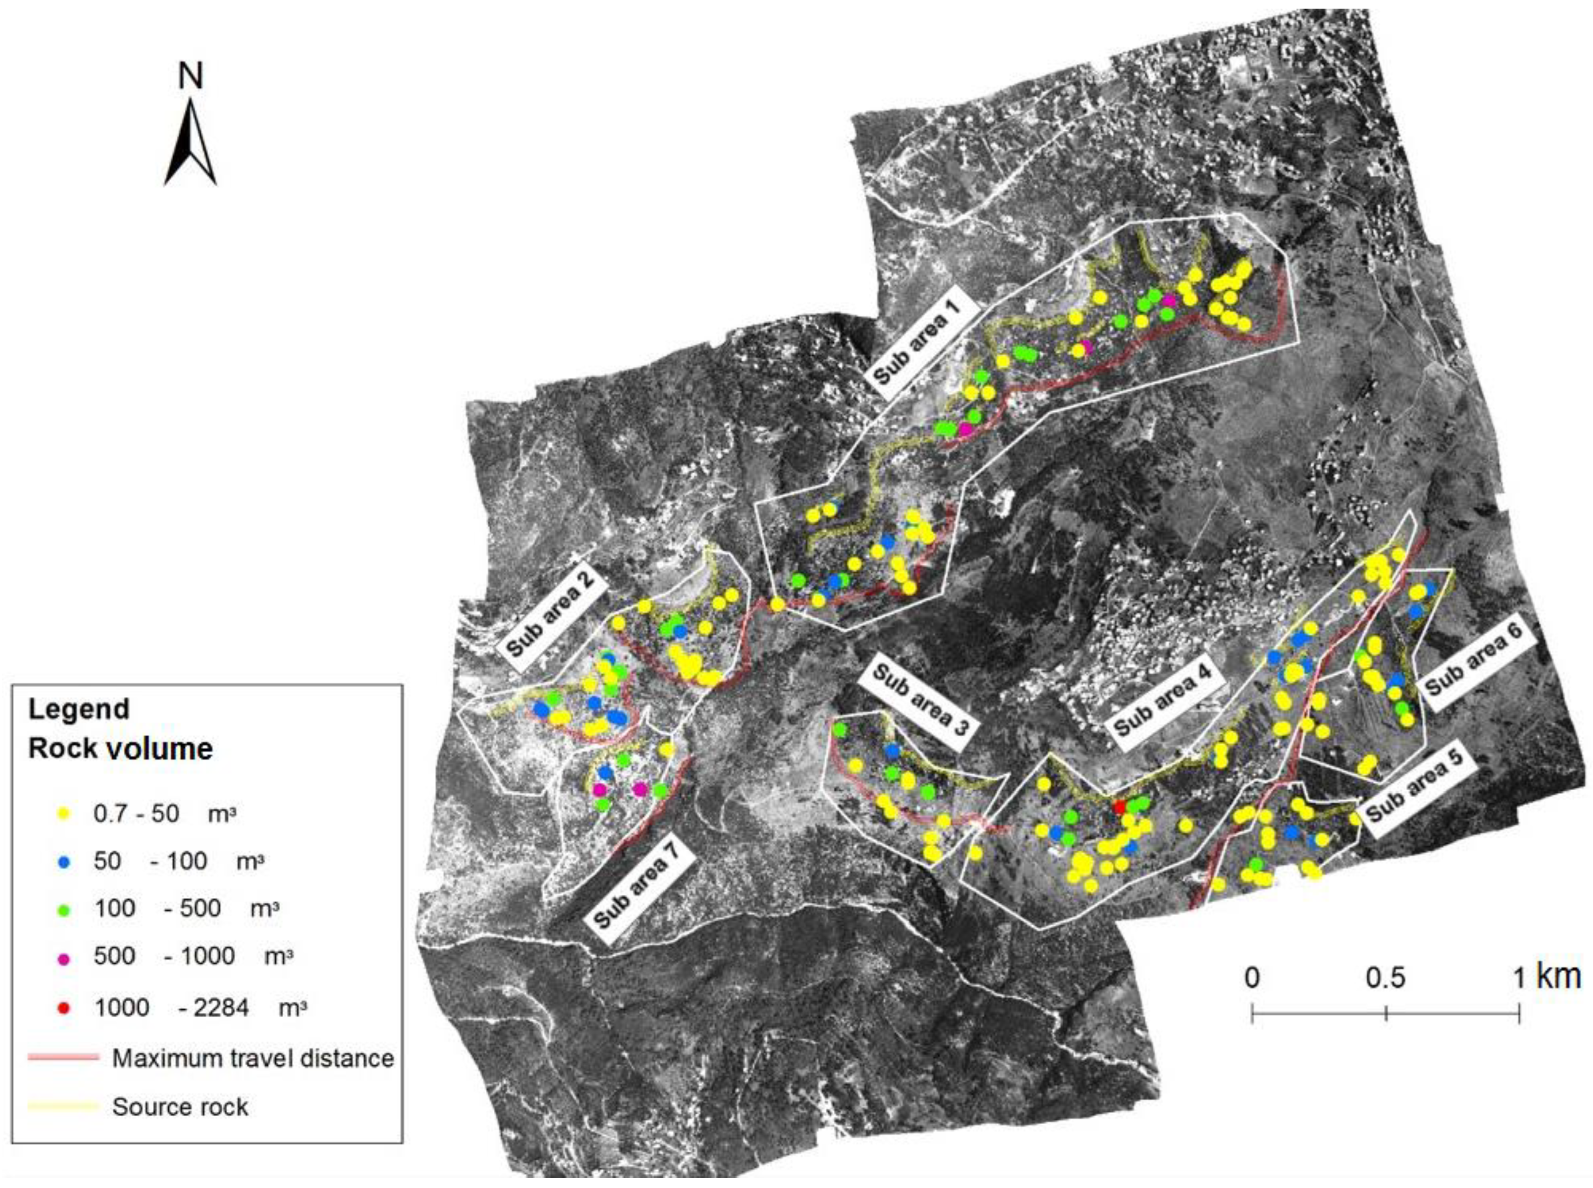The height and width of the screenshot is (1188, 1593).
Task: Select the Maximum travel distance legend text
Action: click(253, 1059)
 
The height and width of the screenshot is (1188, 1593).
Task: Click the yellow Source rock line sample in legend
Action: click(63, 1107)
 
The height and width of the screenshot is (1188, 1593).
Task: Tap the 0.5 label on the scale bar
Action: click(1384, 978)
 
